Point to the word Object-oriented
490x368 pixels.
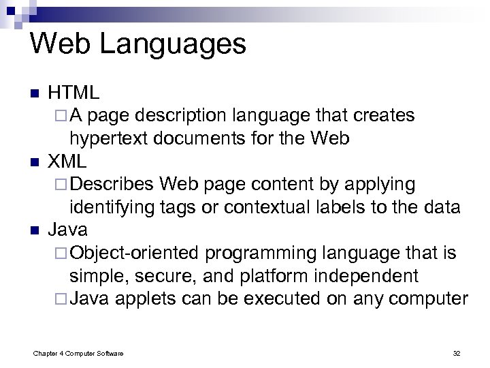[135, 254]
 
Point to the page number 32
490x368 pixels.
[456, 352]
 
